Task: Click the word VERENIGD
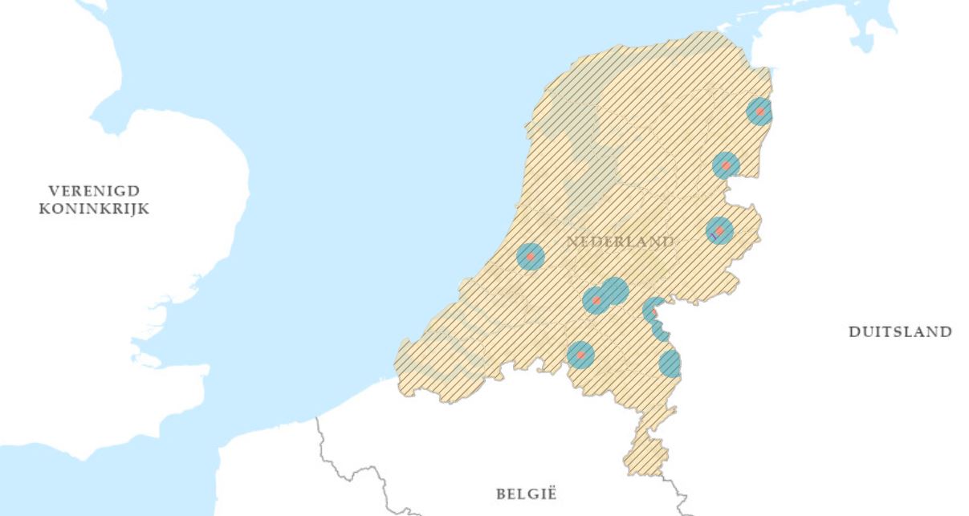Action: (x=94, y=191)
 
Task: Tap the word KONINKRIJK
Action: (x=94, y=209)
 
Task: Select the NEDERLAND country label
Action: (x=620, y=242)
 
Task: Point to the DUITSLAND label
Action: (x=900, y=331)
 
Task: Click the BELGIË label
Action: (x=526, y=494)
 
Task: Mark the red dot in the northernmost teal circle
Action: (x=759, y=112)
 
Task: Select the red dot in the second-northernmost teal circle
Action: (x=726, y=166)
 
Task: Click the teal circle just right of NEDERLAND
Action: (x=719, y=231)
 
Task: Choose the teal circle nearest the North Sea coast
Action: (x=531, y=257)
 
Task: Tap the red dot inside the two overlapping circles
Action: (x=596, y=300)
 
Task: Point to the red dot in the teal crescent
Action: (x=653, y=313)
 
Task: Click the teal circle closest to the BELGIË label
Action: (x=580, y=354)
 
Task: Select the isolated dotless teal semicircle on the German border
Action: (x=670, y=364)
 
